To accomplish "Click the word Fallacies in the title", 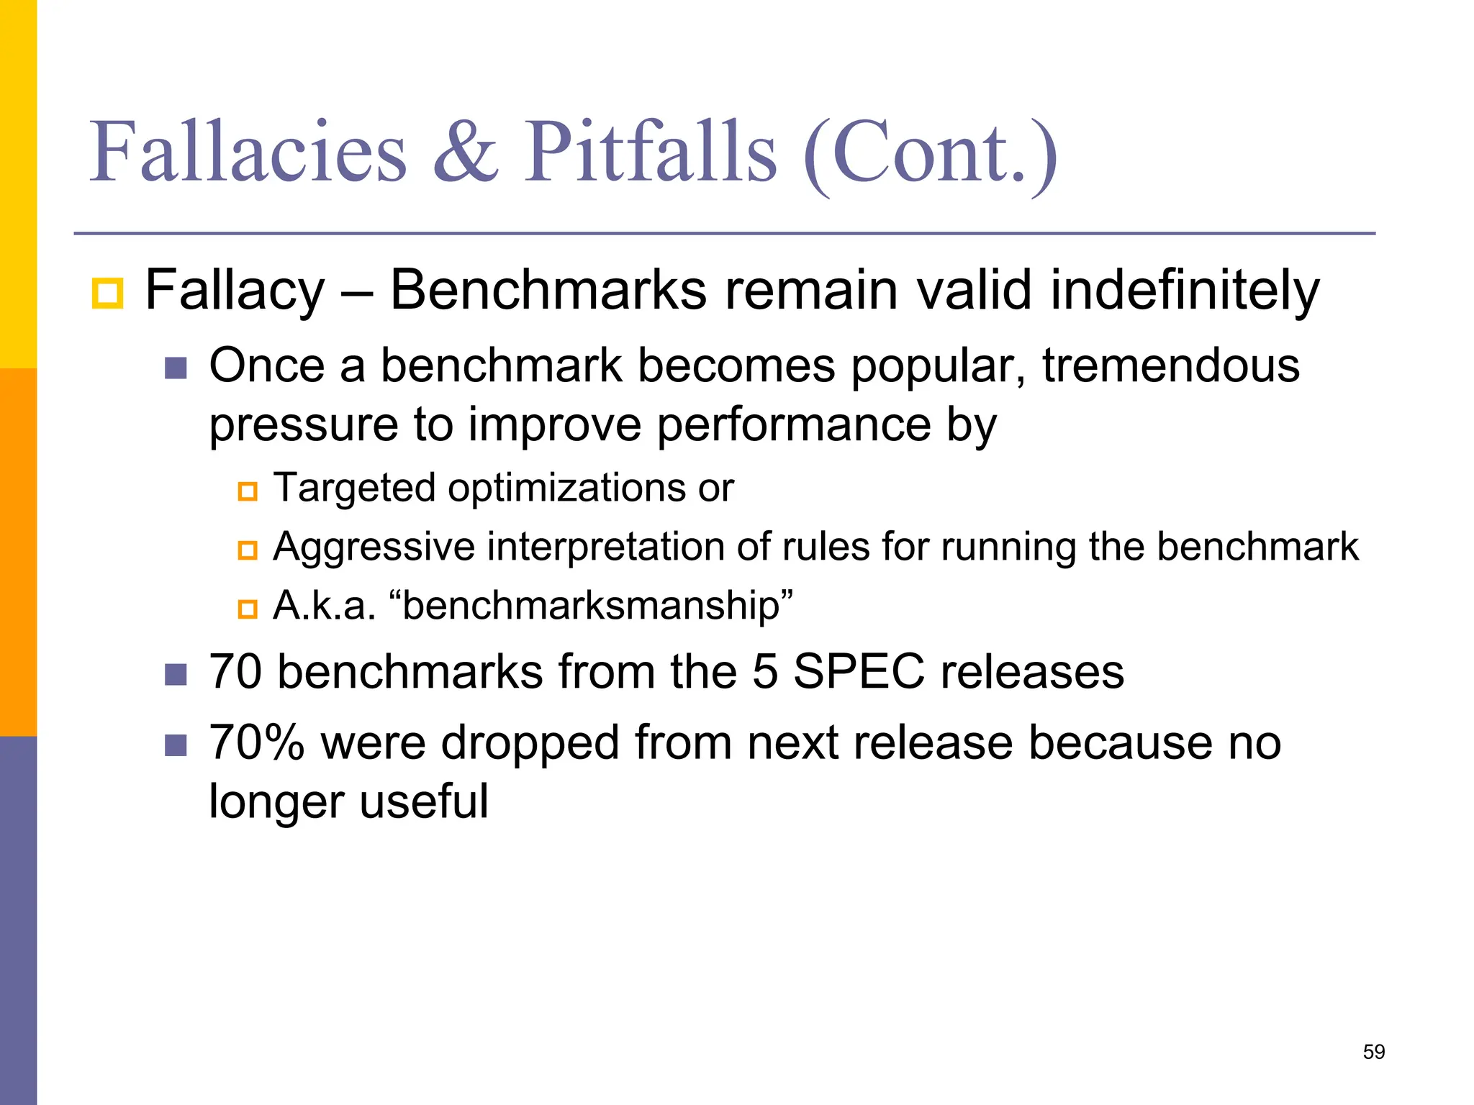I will [248, 153].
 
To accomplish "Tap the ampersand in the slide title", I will [466, 153].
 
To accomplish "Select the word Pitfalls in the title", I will [650, 153].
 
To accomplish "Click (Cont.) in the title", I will [929, 155].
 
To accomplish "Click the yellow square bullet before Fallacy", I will [107, 294].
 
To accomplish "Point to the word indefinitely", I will [1185, 291].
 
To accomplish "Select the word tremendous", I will [1170, 365].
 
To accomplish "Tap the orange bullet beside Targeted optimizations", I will [248, 492].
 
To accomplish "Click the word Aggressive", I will [374, 547].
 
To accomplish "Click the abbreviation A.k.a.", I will [325, 605].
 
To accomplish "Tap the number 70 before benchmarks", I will [235, 672].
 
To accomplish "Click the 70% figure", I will [257, 742].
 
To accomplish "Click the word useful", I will [424, 801].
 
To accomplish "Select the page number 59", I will [1373, 1052].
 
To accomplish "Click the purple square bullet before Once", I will [176, 368].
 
